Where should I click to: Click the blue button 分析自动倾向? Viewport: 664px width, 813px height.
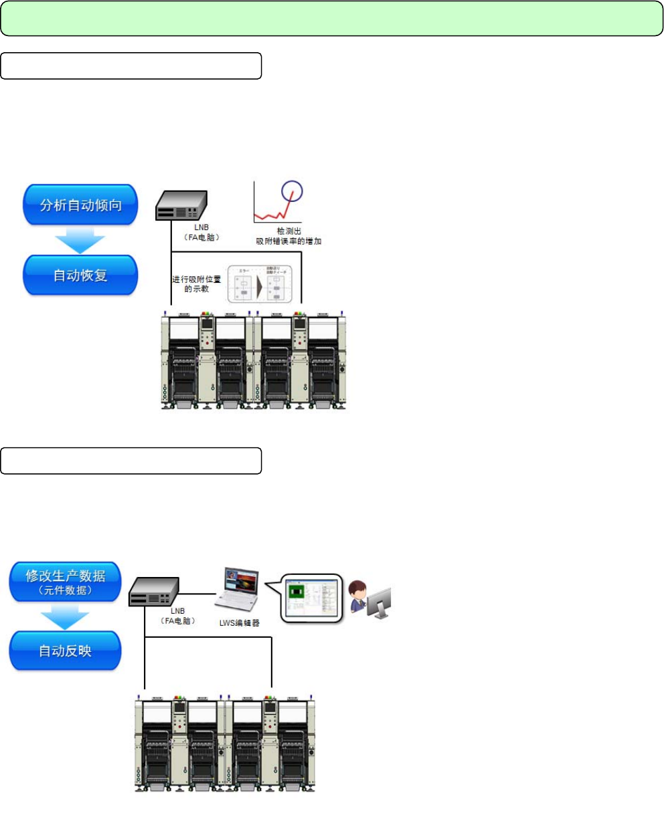tap(80, 205)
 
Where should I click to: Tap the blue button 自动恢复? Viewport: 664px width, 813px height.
tap(80, 275)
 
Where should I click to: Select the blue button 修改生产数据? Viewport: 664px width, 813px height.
tap(65, 580)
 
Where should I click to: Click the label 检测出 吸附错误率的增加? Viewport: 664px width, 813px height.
tap(289, 235)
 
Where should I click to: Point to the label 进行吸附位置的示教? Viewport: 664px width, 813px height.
tap(197, 283)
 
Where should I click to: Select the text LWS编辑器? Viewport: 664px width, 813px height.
tap(240, 622)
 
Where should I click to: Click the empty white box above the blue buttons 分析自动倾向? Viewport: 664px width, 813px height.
tap(131, 66)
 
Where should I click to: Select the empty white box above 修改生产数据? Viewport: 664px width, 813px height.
tap(131, 461)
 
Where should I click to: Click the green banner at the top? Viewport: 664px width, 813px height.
tap(331, 18)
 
